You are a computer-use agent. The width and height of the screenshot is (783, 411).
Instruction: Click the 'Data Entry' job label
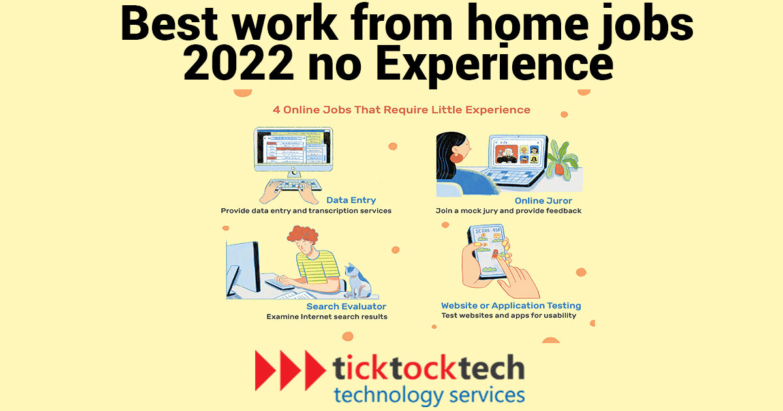351,200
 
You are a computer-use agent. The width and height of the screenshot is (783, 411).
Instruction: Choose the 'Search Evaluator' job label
346,306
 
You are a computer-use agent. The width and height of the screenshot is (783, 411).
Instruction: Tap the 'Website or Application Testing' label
511,305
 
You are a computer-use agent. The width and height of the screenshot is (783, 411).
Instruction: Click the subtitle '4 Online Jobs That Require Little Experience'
401,110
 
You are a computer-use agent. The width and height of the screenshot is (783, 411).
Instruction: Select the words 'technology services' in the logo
428,394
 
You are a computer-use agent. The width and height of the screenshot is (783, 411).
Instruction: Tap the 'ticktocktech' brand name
429,369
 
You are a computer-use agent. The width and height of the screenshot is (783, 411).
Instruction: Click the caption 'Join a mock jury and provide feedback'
508,211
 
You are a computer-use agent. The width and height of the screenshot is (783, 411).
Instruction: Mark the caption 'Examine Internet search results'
326,316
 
